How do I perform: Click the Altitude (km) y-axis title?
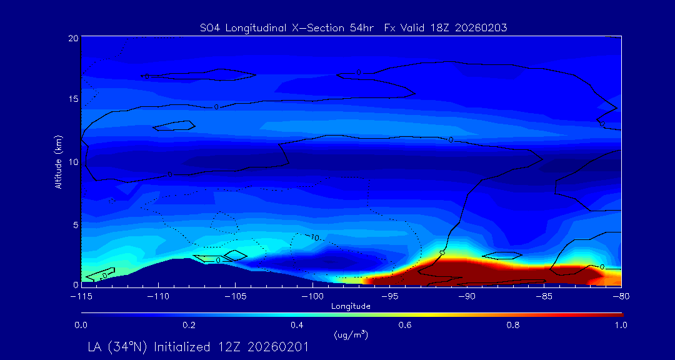pos(58,162)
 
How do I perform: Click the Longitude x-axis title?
pos(351,306)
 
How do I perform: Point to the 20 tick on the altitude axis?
pos(73,38)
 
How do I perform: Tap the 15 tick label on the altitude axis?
pos(73,100)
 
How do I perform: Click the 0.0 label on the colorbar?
pos(81,325)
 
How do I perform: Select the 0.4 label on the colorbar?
pos(297,325)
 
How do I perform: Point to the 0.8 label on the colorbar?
pos(513,325)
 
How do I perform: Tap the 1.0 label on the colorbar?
pos(620,325)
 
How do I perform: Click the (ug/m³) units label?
pos(351,335)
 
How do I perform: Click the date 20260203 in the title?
pos(481,27)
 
